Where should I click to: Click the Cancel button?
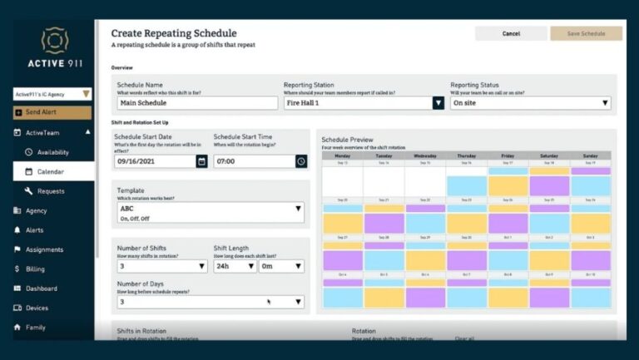[x=511, y=33]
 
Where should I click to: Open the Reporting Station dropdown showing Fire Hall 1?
[x=364, y=103]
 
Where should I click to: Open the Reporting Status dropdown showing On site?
[x=531, y=103]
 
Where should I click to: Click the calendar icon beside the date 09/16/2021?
[x=201, y=161]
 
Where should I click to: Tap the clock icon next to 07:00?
[x=301, y=161]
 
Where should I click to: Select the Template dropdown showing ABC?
[x=211, y=213]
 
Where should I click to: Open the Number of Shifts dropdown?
[x=161, y=266]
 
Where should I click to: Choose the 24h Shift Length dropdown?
[x=234, y=266]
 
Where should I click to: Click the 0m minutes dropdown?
[x=281, y=266]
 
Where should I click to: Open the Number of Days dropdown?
[x=211, y=302]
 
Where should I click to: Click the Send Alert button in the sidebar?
[x=52, y=112]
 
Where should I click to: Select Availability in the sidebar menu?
[x=52, y=152]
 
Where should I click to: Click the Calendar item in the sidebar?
[x=50, y=172]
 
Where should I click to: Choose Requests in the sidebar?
[x=51, y=191]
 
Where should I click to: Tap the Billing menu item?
[x=36, y=269]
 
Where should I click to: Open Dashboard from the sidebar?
[x=41, y=288]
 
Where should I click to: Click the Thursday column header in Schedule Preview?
[x=467, y=155]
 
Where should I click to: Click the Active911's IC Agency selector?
[x=52, y=95]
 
